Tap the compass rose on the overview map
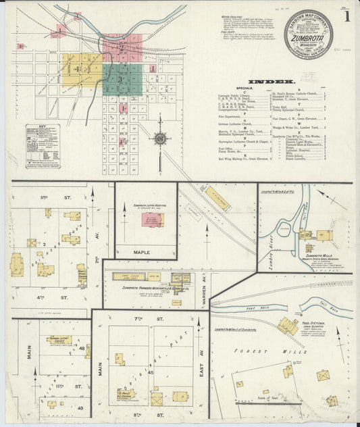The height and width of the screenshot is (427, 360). click(x=161, y=139)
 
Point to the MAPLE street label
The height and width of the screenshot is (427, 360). click(x=141, y=252)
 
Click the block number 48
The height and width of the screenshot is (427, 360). click(x=82, y=348)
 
